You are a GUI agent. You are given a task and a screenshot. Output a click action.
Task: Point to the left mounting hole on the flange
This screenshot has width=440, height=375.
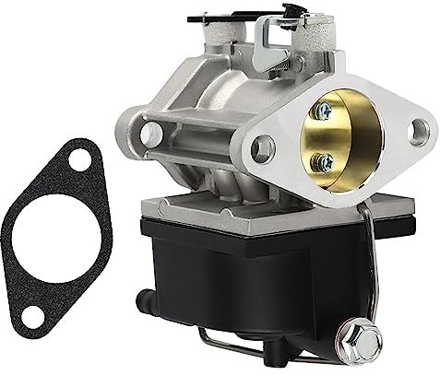(263, 146)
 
